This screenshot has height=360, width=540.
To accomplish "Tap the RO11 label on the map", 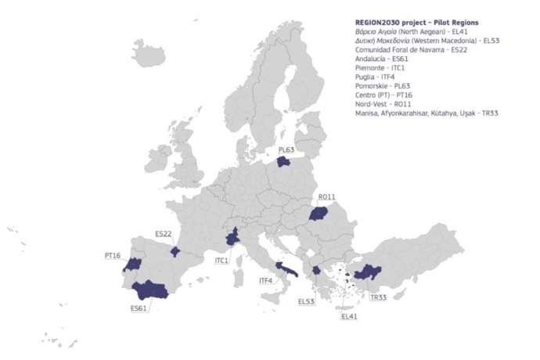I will pyautogui.click(x=327, y=197).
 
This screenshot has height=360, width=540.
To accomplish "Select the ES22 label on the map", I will pyautogui.click(x=164, y=233).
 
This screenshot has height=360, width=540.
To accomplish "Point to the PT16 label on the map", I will pyautogui.click(x=113, y=255).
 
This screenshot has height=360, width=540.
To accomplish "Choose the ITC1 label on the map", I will pyautogui.click(x=221, y=260).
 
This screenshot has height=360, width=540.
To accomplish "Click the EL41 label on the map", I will pyautogui.click(x=348, y=317).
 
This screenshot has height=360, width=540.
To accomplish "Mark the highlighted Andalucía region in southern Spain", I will pyautogui.click(x=150, y=290).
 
